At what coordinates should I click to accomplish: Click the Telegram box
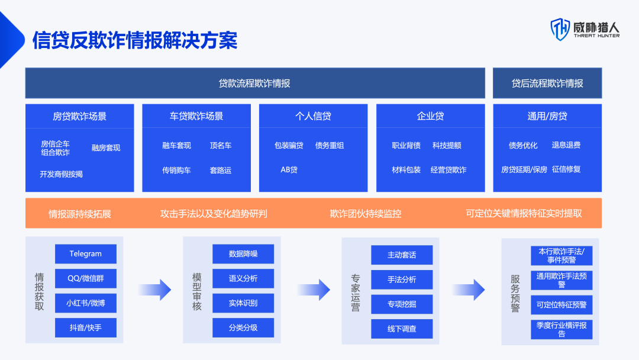(86, 253)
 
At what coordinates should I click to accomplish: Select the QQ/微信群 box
(86, 278)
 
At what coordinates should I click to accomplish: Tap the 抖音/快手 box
(86, 328)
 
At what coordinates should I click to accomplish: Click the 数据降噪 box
(243, 254)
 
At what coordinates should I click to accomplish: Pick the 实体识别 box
(243, 303)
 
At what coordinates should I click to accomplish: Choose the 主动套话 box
(402, 255)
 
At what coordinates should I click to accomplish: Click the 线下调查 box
(402, 329)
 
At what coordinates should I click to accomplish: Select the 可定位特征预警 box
(561, 304)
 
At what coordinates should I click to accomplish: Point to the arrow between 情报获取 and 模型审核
(155, 290)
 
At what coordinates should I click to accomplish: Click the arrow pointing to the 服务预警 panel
(469, 290)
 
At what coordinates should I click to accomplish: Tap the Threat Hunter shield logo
(560, 30)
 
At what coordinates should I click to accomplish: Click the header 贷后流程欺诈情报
(547, 83)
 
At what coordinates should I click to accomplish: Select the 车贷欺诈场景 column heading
(196, 116)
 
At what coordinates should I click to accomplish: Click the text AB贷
(289, 169)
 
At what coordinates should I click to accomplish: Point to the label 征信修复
(566, 169)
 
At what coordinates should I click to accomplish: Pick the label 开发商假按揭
(61, 174)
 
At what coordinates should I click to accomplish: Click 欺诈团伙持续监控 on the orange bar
(366, 214)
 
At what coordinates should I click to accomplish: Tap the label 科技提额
(447, 145)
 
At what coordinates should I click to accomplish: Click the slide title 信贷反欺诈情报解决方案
(135, 40)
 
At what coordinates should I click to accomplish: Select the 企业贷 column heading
(430, 116)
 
